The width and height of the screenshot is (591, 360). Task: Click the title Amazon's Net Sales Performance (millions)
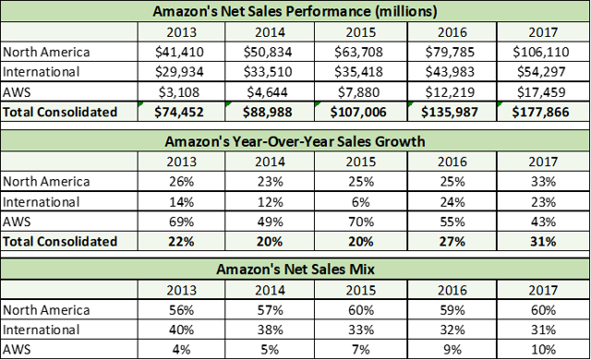click(x=295, y=12)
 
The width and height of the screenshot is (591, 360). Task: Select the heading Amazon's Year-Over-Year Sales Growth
click(x=295, y=139)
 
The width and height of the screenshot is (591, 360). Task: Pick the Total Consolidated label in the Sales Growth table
click(x=60, y=241)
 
